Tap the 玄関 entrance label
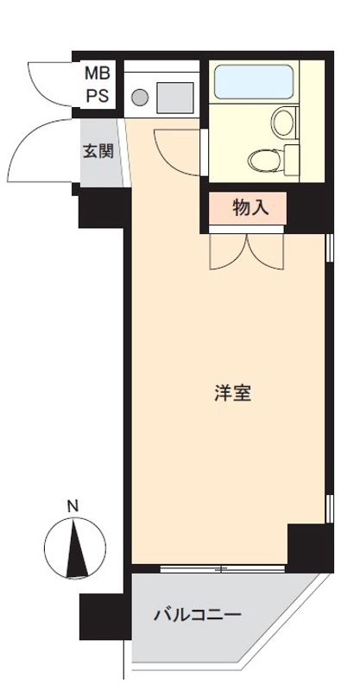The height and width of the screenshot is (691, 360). coord(98,152)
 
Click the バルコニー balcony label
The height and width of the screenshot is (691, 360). coord(197,615)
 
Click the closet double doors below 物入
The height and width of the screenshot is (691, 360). coord(245,250)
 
